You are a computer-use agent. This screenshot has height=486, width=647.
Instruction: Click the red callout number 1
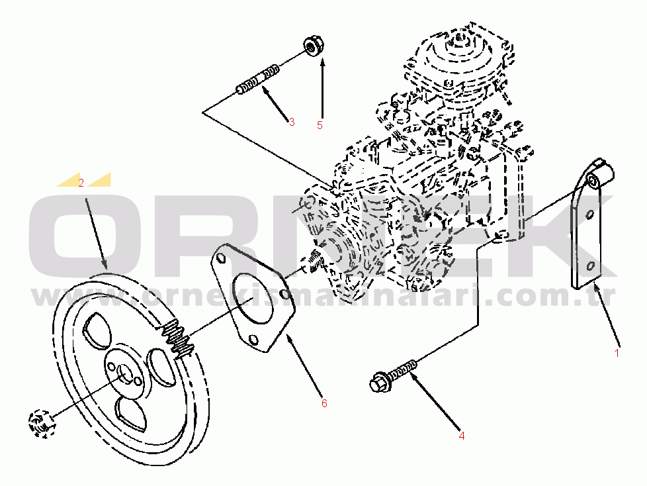pyautogui.click(x=617, y=354)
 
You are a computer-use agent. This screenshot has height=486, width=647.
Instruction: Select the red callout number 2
pyautogui.click(x=81, y=183)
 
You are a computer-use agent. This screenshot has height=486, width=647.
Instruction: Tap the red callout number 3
pyautogui.click(x=292, y=122)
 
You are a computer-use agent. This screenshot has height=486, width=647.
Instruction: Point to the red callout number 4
pyautogui.click(x=462, y=436)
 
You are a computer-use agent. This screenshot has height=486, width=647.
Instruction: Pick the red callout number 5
pyautogui.click(x=320, y=125)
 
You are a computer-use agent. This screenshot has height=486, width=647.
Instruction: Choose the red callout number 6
pyautogui.click(x=324, y=403)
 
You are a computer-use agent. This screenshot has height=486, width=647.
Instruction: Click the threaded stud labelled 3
pyautogui.click(x=257, y=79)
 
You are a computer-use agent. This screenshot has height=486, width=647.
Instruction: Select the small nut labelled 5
pyautogui.click(x=314, y=46)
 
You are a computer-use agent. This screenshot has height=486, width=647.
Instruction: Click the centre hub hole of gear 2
pyautogui.click(x=124, y=374)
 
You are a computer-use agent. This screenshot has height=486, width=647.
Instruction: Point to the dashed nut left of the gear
pyautogui.click(x=40, y=423)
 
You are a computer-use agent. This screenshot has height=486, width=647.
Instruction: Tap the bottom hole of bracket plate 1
pyautogui.click(x=590, y=266)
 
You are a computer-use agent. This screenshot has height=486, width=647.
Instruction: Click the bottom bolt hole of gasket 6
pyautogui.click(x=253, y=340)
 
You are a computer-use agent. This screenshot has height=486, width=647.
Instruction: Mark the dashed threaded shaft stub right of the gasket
pyautogui.click(x=314, y=261)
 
